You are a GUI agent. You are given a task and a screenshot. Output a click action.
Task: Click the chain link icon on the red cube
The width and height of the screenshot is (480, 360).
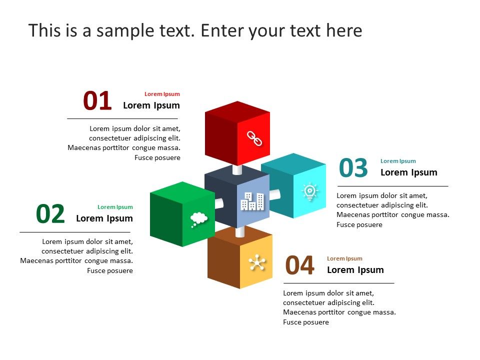254,138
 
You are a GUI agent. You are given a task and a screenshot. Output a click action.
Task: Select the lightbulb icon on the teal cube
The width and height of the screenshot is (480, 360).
310,192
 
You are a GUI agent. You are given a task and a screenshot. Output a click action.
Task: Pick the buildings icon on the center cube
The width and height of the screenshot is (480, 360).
252,201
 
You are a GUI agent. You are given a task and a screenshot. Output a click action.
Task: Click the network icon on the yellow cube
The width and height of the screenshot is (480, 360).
257,262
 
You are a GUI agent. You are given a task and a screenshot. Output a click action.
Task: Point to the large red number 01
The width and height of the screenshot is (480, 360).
97,100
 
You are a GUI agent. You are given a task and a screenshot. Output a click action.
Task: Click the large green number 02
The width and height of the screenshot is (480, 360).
50,214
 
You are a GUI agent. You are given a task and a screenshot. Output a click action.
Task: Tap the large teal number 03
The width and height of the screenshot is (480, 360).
353,168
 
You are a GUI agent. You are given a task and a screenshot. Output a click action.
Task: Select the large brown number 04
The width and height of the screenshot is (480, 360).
299,265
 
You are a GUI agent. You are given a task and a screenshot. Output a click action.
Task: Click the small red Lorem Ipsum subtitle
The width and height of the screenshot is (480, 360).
162,94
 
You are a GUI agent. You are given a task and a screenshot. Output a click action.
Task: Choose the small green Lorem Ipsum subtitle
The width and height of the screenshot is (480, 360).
115,207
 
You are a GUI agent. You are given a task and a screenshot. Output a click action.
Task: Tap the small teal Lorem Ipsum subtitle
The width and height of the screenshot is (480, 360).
398,161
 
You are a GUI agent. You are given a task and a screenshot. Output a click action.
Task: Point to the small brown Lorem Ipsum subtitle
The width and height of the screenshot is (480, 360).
344,258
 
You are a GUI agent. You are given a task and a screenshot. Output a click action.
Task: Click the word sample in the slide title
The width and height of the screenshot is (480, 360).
125,31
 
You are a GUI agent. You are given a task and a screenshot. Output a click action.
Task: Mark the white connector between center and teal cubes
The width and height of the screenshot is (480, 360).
274,194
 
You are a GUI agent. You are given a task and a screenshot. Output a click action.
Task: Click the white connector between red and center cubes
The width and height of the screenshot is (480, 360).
237,169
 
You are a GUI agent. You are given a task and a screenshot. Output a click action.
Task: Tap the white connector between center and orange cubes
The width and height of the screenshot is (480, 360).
240,231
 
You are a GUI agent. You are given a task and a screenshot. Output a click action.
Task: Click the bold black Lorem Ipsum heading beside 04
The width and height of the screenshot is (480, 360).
355,270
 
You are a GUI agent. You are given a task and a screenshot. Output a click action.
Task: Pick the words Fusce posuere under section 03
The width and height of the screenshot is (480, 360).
359,224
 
